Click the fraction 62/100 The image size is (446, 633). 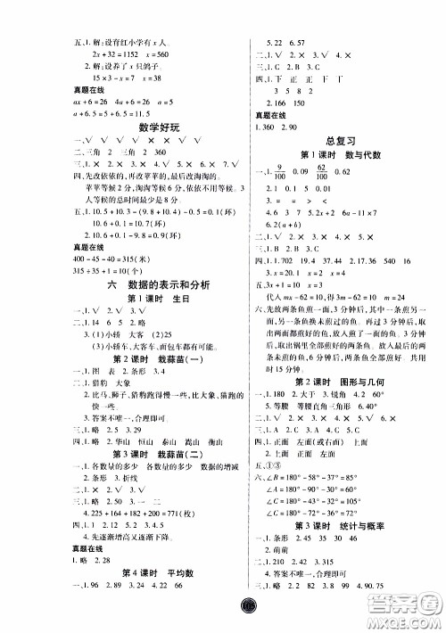(x=341, y=169)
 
